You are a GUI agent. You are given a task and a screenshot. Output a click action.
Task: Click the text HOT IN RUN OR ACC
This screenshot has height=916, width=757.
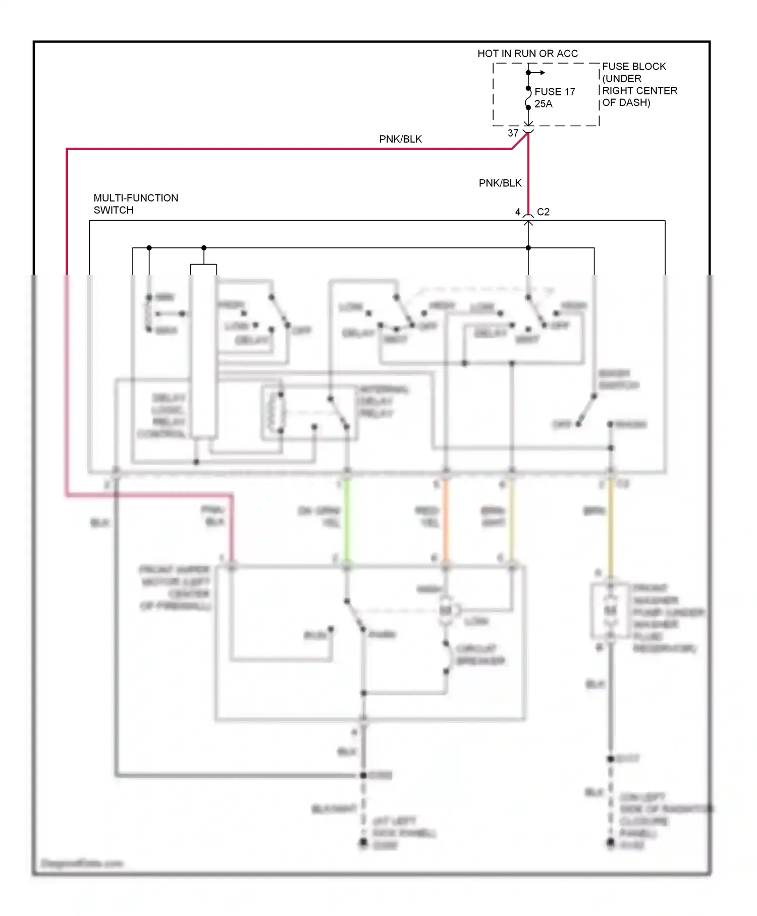(x=527, y=54)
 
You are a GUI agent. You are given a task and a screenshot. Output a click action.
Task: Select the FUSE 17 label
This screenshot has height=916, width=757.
(x=555, y=91)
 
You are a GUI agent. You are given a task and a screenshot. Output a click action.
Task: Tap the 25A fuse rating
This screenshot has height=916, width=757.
(x=544, y=104)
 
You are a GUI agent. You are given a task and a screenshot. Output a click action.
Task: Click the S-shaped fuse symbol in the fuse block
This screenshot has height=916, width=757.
(x=528, y=98)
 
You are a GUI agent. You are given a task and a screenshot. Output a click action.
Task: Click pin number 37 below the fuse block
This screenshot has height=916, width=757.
(x=513, y=133)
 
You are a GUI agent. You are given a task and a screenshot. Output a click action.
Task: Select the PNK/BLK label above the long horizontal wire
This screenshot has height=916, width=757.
(x=400, y=139)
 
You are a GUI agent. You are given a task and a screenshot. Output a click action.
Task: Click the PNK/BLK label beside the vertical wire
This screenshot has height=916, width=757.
(x=500, y=183)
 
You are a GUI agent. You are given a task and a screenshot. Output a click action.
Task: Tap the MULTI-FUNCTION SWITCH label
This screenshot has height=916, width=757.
(x=136, y=204)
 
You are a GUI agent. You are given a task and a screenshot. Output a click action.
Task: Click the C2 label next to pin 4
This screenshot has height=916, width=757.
(x=544, y=212)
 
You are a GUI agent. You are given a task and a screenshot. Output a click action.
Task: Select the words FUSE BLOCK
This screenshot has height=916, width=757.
(x=634, y=67)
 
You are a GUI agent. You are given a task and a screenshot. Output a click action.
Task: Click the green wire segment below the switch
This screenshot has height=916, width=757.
(x=347, y=520)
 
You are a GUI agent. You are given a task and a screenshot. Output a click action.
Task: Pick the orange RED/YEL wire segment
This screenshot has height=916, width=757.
(x=446, y=520)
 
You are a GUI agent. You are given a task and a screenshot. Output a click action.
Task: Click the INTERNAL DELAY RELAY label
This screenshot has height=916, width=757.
(x=384, y=401)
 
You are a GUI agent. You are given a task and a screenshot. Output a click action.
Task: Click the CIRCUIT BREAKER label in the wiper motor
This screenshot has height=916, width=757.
(x=479, y=655)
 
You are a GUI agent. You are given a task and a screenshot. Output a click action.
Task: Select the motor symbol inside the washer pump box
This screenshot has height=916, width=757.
(x=611, y=611)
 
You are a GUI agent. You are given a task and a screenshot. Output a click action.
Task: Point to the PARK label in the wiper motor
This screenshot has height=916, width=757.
(x=382, y=635)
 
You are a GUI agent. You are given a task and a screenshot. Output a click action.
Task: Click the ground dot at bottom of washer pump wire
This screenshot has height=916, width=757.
(x=611, y=842)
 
